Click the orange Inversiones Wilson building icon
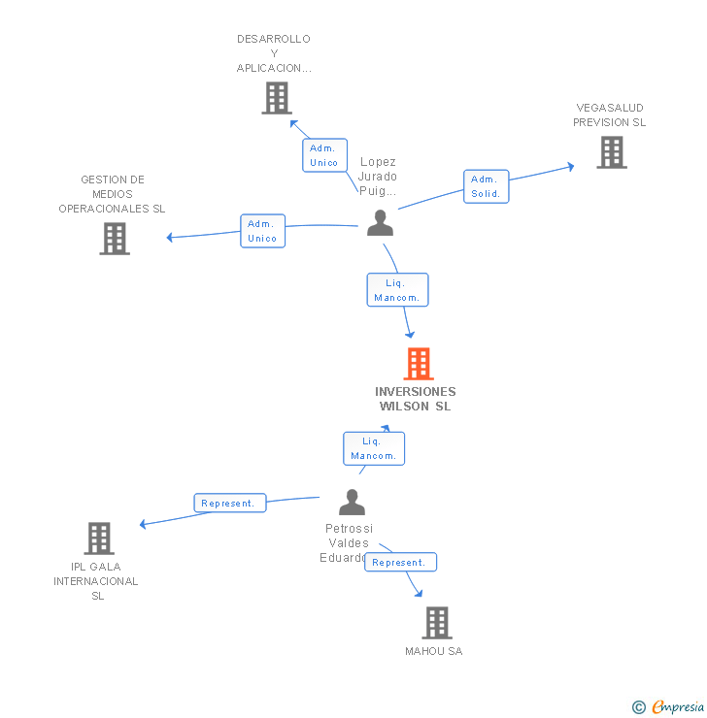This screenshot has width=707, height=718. (x=418, y=364)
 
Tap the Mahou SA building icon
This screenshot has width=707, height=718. (x=437, y=623)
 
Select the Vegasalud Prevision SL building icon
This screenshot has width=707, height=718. (x=611, y=152)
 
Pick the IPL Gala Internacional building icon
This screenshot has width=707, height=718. (x=99, y=538)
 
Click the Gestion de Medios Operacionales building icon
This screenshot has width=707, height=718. (x=115, y=239)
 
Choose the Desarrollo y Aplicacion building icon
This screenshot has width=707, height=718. (x=277, y=98)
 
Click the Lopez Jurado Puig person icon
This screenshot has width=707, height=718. (x=380, y=223)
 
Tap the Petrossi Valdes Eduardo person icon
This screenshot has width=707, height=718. (x=352, y=503)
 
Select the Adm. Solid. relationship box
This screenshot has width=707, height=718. (x=485, y=186)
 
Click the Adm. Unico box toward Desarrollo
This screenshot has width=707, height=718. (x=323, y=155)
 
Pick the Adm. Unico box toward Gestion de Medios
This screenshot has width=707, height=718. (x=262, y=231)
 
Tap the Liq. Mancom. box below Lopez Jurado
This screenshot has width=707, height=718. (x=397, y=290)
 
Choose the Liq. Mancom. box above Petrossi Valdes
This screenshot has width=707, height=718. (x=374, y=448)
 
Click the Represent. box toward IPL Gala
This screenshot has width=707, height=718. (x=230, y=503)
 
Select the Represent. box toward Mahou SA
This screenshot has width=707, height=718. (x=400, y=562)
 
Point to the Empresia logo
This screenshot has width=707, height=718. (x=669, y=706)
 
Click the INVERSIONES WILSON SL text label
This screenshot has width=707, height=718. (x=416, y=399)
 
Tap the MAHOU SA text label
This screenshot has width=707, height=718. (x=434, y=651)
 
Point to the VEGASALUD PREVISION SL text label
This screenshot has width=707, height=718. (x=609, y=115)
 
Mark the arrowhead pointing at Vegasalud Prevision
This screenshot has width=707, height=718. (x=570, y=167)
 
